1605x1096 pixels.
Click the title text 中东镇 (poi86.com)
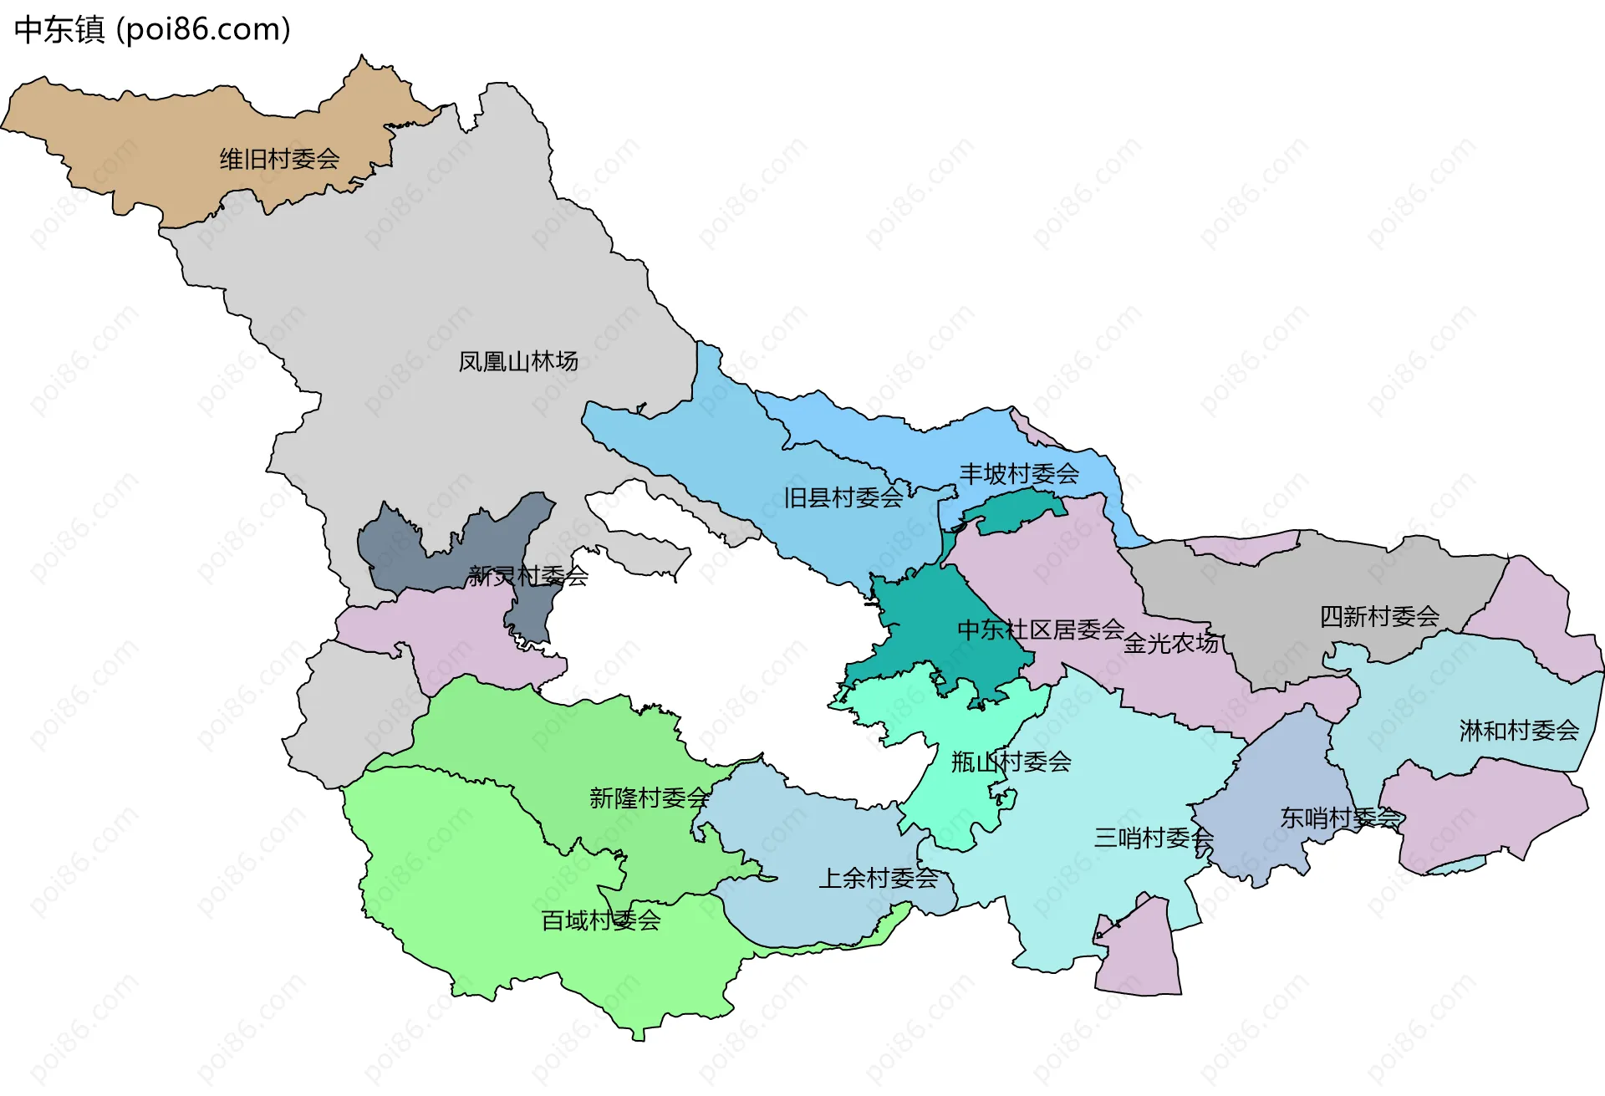coord(152,29)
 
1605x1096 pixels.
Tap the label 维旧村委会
coord(279,159)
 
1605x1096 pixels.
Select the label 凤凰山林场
coord(518,361)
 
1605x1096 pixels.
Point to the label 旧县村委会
coord(843,498)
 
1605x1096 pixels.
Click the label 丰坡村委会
coord(1019,474)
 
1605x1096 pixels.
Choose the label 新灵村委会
coord(528,575)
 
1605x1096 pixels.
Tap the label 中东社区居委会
coord(1041,630)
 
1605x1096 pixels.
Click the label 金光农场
coord(1171,643)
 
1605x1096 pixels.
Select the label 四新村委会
coord(1379,617)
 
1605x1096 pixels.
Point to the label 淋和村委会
coord(1519,731)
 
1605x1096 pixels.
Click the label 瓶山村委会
coord(1011,762)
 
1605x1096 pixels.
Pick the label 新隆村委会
coord(650,798)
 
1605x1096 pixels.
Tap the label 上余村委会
coord(879,878)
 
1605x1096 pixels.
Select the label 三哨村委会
coord(1154,837)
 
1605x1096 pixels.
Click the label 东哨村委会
coord(1341,818)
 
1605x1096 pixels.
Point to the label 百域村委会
coord(601,920)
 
